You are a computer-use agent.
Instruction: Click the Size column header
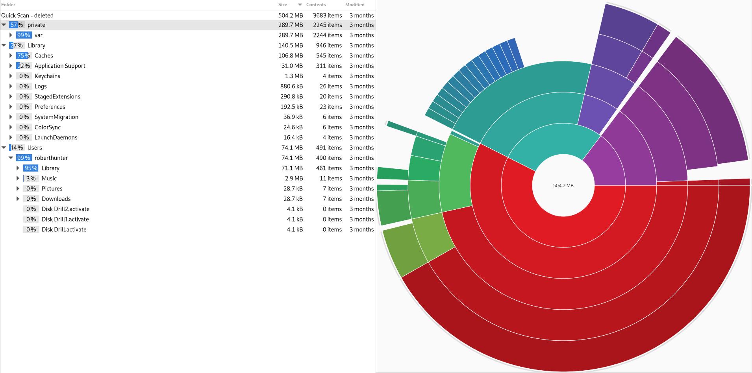click(282, 5)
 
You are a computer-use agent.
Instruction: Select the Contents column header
click(316, 5)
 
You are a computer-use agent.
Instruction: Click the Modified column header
click(355, 5)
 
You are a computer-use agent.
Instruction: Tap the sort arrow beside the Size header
click(300, 5)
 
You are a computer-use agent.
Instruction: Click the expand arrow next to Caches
click(11, 55)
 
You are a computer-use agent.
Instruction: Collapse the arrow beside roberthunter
click(11, 158)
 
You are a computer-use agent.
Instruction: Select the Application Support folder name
click(60, 66)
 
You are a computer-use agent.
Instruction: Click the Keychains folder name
click(47, 76)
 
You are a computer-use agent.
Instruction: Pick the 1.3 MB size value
click(294, 76)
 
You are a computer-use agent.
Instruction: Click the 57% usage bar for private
click(16, 25)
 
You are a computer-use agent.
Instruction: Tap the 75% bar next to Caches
click(23, 55)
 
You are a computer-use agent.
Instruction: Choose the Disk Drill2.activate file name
click(65, 209)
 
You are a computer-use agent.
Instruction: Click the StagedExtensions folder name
click(57, 96)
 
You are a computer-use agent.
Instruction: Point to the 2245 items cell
click(328, 25)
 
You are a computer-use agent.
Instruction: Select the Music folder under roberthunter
click(49, 178)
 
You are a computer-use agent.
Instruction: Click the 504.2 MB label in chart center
click(563, 185)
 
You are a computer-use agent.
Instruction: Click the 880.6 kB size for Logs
click(292, 86)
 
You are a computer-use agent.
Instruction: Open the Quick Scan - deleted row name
click(27, 15)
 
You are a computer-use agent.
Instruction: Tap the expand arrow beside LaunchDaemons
click(11, 137)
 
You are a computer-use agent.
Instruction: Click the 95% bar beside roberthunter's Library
click(31, 168)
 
